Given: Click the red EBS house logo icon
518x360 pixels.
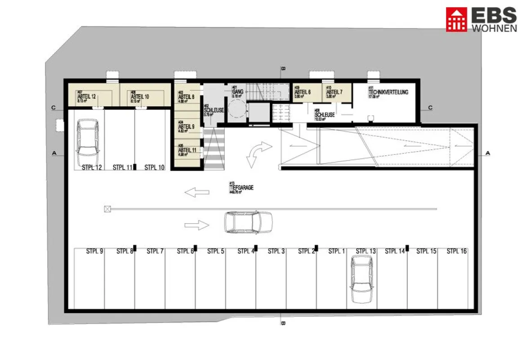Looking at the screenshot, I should coord(456,19).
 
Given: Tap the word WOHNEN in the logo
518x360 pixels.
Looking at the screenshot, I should coord(494,28).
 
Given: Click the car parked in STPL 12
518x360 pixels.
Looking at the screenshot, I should coord(88,143).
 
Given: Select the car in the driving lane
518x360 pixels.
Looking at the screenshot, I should coord(248,222).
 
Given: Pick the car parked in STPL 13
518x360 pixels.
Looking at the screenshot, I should coord(362,279).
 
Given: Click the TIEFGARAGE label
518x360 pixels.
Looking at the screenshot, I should coord(241,188).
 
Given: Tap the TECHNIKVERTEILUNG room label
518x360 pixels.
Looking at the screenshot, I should coord(388,92).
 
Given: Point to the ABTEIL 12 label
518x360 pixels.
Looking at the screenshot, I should coord(87,96).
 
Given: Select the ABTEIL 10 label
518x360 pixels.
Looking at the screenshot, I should coord(140,96).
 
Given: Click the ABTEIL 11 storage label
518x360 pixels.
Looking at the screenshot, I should coord(187,150).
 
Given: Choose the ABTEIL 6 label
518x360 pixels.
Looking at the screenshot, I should coord(303,92).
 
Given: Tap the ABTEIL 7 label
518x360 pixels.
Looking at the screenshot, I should coord(334,92).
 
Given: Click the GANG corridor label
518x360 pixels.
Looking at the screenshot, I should coord(238,91).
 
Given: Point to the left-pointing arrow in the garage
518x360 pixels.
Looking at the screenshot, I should coord(197,193).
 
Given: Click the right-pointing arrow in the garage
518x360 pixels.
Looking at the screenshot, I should coord(197,225).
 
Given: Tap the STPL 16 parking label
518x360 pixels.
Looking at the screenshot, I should coord(456,252).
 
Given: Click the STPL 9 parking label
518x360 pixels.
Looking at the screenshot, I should coord(95,252).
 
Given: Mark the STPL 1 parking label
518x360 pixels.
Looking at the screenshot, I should coord(336,252).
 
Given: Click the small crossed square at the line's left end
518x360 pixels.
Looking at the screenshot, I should coord(107,208).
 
